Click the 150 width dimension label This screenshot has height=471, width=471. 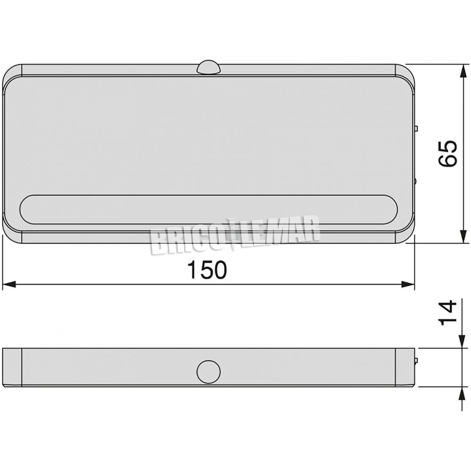click(x=207, y=269)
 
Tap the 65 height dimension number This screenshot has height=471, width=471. click(x=447, y=153)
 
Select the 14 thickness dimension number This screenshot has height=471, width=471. click(x=447, y=312)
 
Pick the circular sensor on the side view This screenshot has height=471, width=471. click(x=209, y=372)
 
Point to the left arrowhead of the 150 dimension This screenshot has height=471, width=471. click(x=9, y=284)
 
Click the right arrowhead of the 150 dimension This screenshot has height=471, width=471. click(x=408, y=284)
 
